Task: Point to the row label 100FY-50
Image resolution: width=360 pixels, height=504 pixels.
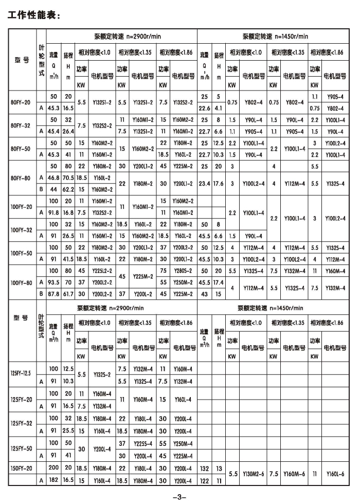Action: point(21,254)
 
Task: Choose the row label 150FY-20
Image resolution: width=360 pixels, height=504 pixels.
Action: point(22,468)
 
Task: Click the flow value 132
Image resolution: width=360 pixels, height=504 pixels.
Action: point(205,468)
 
